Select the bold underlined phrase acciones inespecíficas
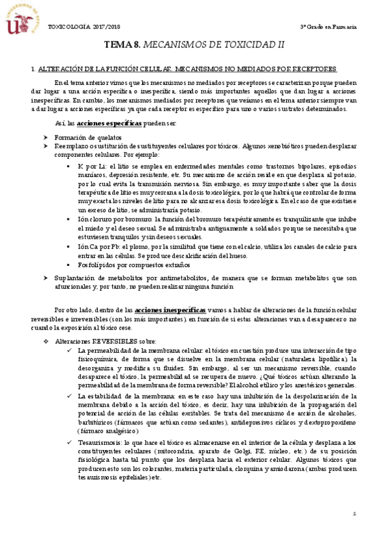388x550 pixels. (x=170, y=311)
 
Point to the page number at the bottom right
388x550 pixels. (x=354, y=532)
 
